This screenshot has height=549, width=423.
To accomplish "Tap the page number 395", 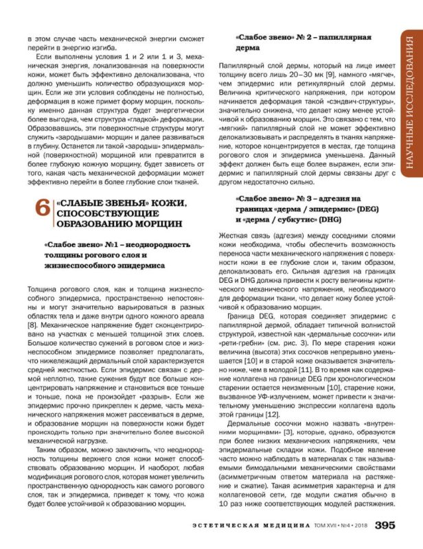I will coord(384,526).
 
